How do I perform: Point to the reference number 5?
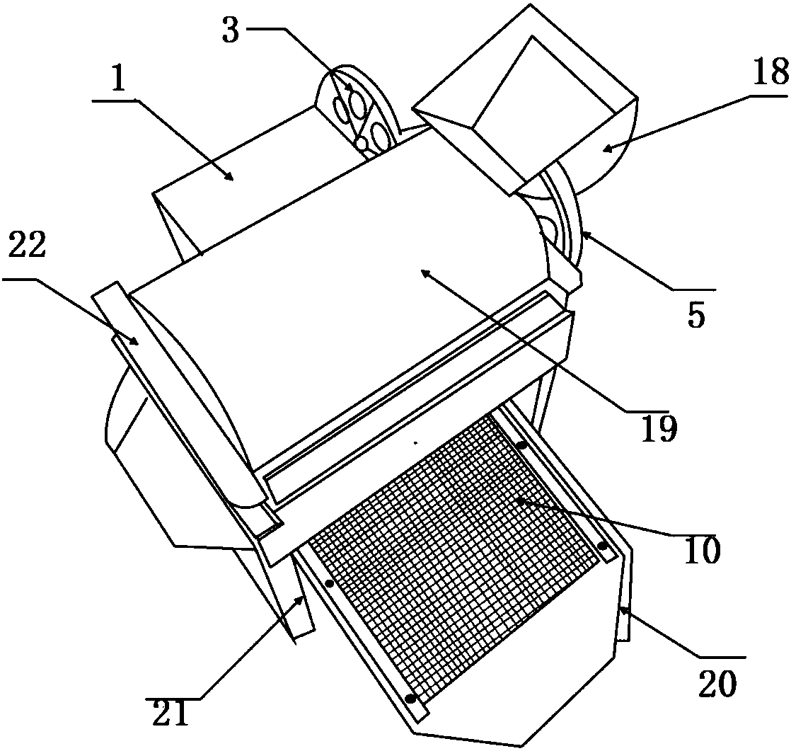coord(697,316)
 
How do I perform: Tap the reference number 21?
coord(171,713)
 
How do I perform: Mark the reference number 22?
coord(27,246)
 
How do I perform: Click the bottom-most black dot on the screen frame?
coord(410,699)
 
